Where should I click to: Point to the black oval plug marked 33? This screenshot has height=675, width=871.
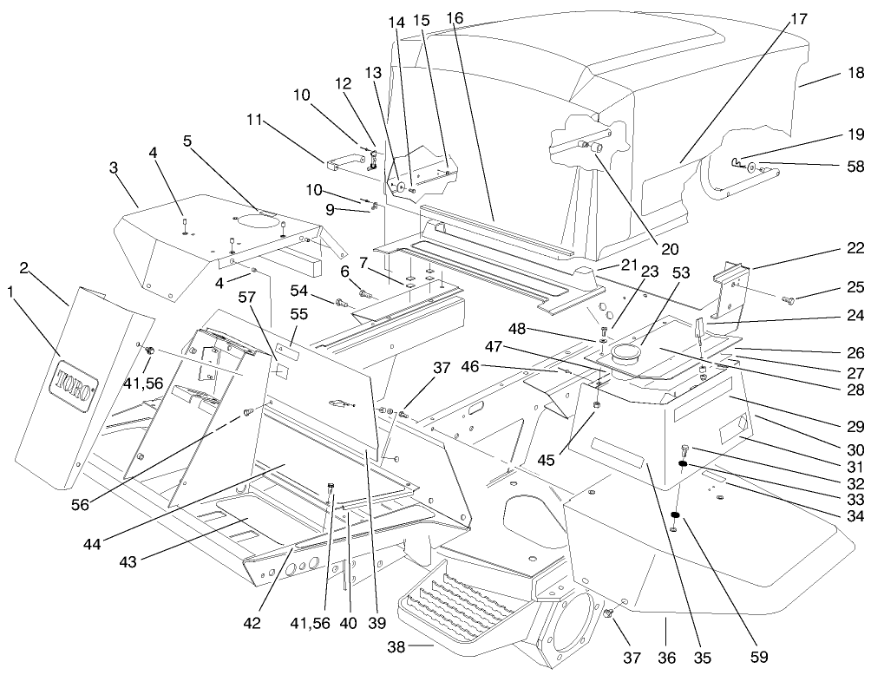point(684,465)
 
